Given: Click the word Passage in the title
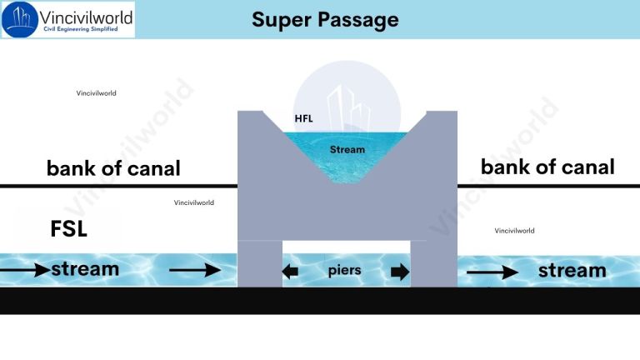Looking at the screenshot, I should [357, 19].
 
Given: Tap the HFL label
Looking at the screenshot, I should [304, 119].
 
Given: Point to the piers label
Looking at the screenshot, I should [345, 271].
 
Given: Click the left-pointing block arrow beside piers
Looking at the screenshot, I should [290, 271].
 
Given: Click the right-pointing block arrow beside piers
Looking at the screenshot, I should [400, 271].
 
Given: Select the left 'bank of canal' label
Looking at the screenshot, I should [113, 168].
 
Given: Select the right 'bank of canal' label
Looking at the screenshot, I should [547, 167].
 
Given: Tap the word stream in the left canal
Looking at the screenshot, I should [85, 269].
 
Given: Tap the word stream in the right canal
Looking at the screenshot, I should [572, 270].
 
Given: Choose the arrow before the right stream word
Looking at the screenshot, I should [492, 271].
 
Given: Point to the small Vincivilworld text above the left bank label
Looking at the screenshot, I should [96, 93].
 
